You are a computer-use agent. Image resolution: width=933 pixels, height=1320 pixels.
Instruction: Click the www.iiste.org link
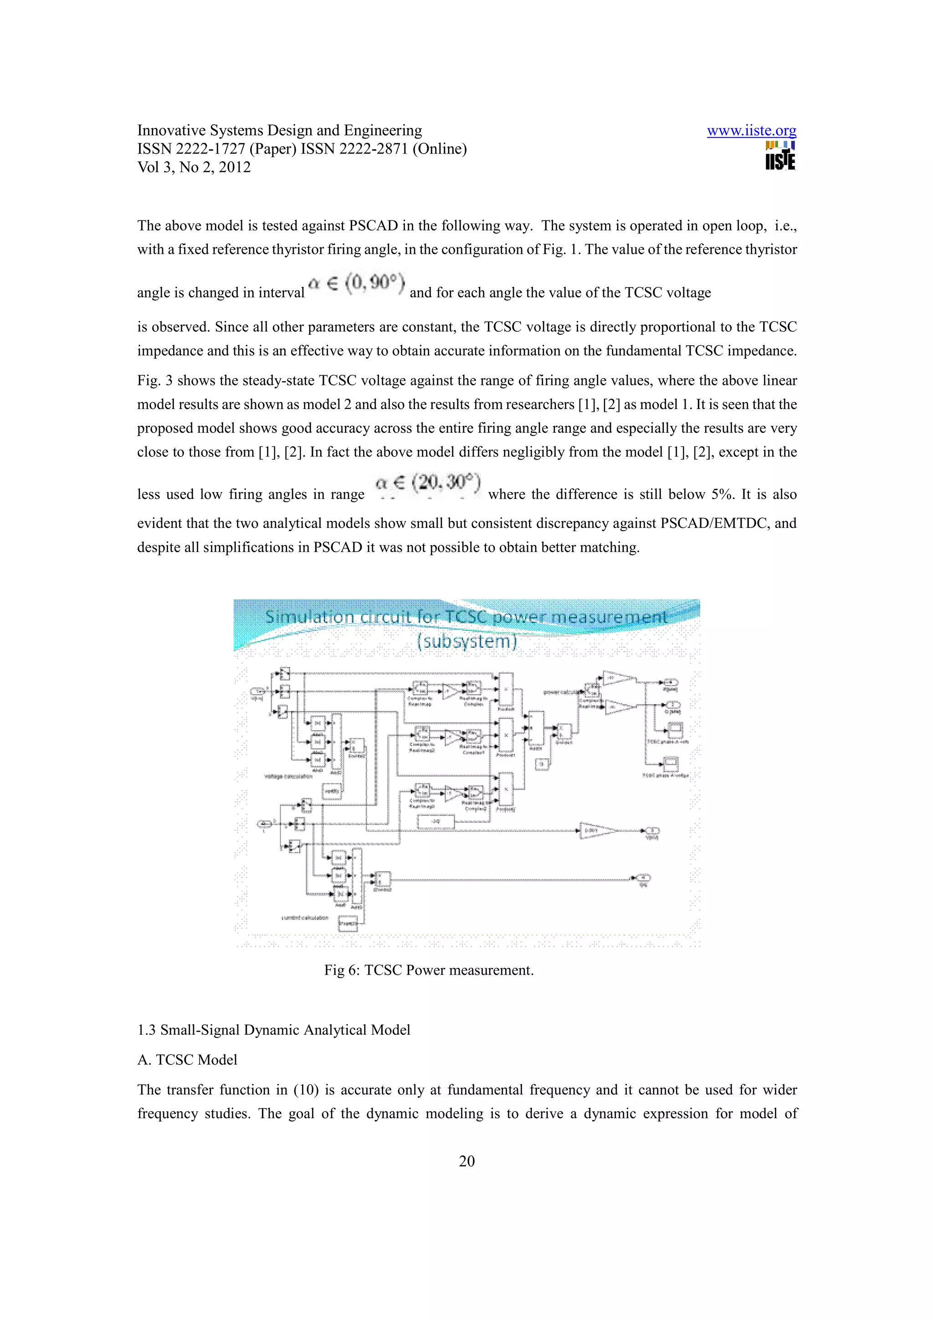coord(751,131)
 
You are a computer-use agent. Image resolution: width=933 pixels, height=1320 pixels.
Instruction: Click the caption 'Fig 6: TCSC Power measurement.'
coord(428,970)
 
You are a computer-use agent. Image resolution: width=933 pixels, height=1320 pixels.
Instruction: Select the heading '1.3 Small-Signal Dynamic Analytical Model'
coord(274,1030)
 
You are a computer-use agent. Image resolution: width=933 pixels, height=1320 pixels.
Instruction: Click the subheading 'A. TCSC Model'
coord(187,1059)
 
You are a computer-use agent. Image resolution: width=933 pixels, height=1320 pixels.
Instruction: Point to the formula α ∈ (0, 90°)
coord(356,284)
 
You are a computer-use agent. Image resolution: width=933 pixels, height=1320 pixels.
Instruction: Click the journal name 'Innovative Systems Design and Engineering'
coord(279,131)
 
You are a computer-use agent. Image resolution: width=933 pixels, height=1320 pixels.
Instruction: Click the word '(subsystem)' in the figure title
coord(466,641)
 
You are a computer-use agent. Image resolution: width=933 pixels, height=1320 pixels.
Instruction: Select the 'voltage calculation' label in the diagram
coord(288,776)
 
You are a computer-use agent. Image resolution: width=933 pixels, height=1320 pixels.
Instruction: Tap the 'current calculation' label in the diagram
coord(305,917)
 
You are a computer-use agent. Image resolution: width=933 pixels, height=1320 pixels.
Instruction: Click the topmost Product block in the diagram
coord(506,689)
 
